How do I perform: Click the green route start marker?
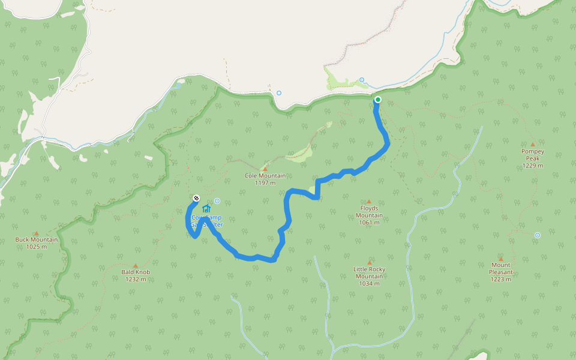coord(377,100)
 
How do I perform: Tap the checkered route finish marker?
coord(196,198)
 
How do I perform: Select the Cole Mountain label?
coord(265,176)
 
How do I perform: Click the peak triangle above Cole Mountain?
coord(265,169)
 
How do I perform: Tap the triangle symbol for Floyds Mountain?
coord(369,202)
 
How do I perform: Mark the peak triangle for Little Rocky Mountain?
coord(369,262)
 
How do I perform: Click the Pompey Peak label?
coord(532,155)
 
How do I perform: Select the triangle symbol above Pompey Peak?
coord(532,144)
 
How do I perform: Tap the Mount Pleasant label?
coord(500,268)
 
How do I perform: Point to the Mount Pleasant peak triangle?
coord(500,259)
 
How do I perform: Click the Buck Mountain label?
coord(37,239)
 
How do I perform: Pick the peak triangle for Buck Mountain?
coord(36,233)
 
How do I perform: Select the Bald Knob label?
coord(136,272)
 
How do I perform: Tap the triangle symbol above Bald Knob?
coord(135,265)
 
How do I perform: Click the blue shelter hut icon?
coord(206,208)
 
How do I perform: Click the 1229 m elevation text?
coord(532,166)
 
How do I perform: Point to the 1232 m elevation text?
coord(136,279)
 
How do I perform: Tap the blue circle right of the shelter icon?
coord(217,202)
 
